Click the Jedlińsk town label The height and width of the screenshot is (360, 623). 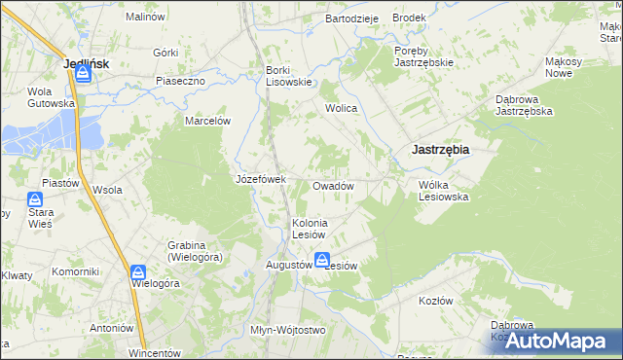(85, 63)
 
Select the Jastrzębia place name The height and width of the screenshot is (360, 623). (440, 150)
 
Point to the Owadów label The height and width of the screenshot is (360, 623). (332, 186)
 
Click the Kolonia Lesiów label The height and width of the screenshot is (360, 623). (315, 229)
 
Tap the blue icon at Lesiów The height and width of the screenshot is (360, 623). (321, 260)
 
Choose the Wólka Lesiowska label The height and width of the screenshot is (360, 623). (444, 190)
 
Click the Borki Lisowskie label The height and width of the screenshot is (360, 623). (288, 76)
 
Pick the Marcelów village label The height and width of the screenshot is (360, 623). (207, 122)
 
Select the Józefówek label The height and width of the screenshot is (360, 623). (260, 179)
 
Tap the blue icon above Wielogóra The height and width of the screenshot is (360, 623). (139, 272)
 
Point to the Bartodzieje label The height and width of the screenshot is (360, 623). (351, 18)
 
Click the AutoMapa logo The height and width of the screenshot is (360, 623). (555, 341)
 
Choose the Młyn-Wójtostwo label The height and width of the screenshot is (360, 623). (287, 330)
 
